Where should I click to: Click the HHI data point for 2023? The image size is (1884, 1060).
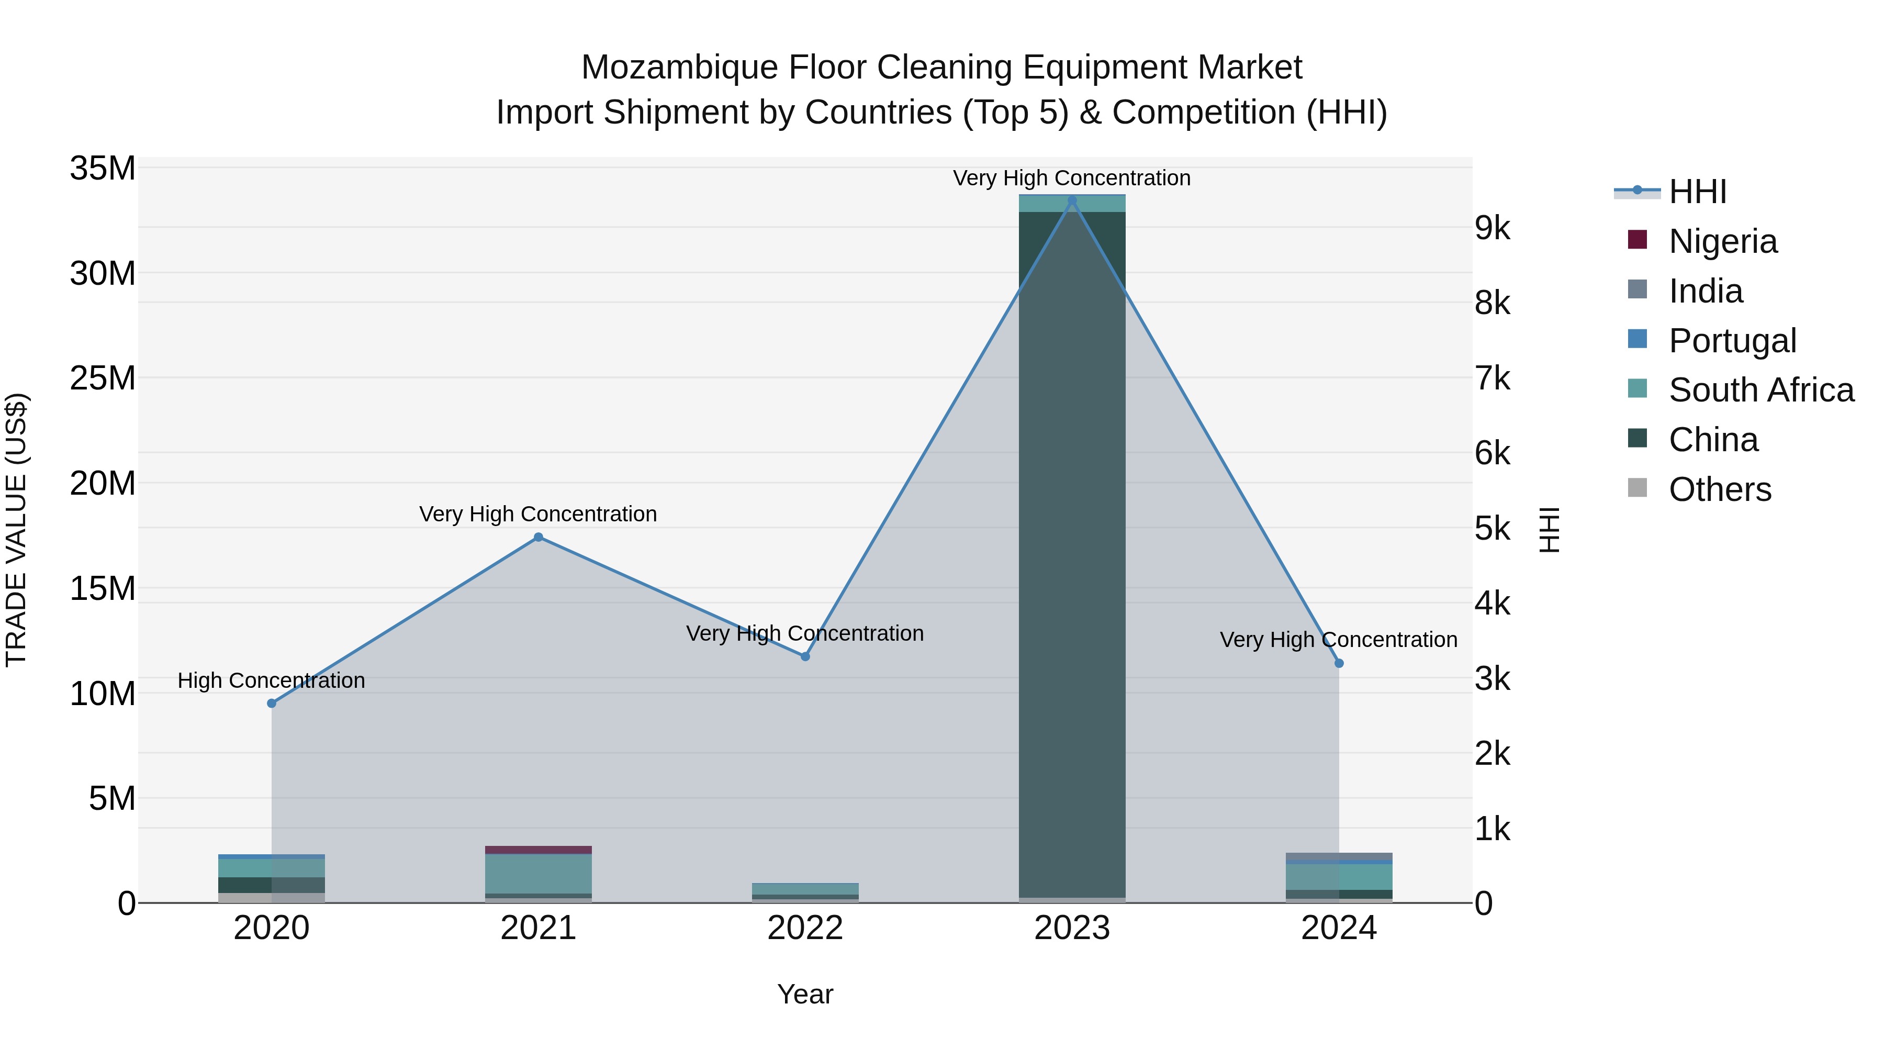[1072, 200]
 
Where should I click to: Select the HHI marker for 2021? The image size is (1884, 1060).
[539, 537]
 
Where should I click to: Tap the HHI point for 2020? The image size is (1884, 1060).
[271, 703]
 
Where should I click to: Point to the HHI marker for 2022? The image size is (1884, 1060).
[805, 656]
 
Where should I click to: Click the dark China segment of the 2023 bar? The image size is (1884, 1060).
[1072, 549]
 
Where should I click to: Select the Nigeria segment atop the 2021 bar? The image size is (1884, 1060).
[539, 850]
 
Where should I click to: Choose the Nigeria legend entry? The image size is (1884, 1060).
[1722, 241]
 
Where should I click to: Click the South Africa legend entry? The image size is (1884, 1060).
[1760, 390]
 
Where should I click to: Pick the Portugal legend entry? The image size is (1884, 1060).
[1732, 341]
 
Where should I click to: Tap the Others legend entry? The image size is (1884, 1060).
[1720, 489]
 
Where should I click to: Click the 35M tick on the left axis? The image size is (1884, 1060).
[103, 169]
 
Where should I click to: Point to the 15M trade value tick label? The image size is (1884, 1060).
[103, 589]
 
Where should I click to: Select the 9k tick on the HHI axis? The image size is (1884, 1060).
[1492, 228]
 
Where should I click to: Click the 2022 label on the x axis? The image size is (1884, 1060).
[805, 928]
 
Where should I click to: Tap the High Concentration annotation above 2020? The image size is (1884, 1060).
[271, 680]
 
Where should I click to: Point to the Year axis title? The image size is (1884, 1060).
[805, 994]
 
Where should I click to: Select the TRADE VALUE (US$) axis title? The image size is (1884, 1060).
[16, 530]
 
